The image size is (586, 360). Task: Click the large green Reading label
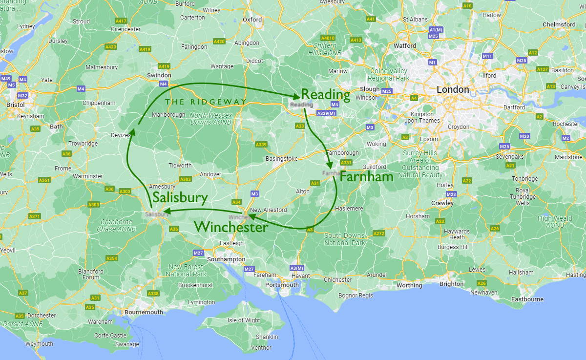326,95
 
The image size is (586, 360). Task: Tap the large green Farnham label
366,176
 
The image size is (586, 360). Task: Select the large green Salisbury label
180,197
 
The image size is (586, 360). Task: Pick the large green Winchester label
231,227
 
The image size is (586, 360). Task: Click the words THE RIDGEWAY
206,102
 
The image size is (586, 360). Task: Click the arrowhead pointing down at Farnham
330,165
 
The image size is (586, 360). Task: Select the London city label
452,90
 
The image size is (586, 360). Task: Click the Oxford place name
252,20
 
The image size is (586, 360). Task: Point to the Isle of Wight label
244,320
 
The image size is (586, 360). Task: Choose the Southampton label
226,259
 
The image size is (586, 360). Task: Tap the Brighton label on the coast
451,284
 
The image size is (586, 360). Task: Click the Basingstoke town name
281,159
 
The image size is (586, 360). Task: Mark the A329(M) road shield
327,113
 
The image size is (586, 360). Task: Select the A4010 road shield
328,38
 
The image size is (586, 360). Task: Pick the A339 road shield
261,145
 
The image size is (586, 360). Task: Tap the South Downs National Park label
345,239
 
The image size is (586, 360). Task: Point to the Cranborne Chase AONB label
116,225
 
